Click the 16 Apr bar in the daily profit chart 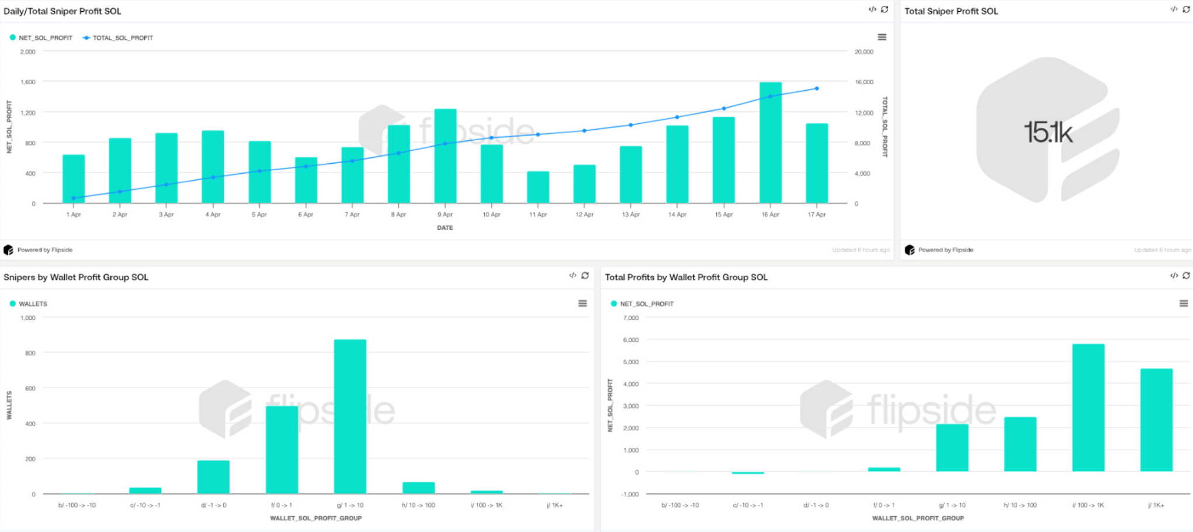[770, 143]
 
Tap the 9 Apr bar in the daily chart [445, 156]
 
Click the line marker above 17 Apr [817, 89]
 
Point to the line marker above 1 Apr [74, 198]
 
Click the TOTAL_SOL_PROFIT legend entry [122, 38]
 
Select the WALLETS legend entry [33, 304]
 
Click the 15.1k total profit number [1048, 133]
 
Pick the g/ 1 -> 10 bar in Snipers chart [350, 416]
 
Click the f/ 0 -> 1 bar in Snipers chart [282, 450]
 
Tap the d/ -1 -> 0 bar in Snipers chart [213, 477]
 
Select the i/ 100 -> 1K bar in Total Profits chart [1088, 407]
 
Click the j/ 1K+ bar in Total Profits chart [1156, 420]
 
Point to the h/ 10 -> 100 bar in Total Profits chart [1020, 444]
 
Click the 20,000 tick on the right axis [863, 52]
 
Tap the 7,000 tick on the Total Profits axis [631, 318]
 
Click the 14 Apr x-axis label [677, 215]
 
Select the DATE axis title [445, 227]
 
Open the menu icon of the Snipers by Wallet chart [582, 303]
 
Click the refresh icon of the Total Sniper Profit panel [1186, 9]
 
